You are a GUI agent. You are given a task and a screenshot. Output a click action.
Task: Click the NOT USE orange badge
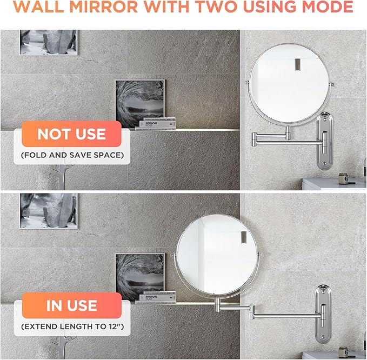pos(71,134)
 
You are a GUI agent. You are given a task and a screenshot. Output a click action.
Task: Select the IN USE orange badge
pos(71,305)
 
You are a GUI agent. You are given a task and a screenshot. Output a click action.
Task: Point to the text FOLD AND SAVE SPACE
pos(72,156)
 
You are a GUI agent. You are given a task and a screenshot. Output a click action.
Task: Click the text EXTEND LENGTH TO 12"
pos(72,327)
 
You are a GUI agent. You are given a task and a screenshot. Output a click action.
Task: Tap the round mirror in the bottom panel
pos(218,255)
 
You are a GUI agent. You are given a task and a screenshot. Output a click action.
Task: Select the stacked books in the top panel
pos(158,123)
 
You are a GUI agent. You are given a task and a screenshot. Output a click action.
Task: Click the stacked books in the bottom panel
pos(157,296)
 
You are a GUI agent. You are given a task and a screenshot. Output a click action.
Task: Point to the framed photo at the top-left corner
pos(49,42)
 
